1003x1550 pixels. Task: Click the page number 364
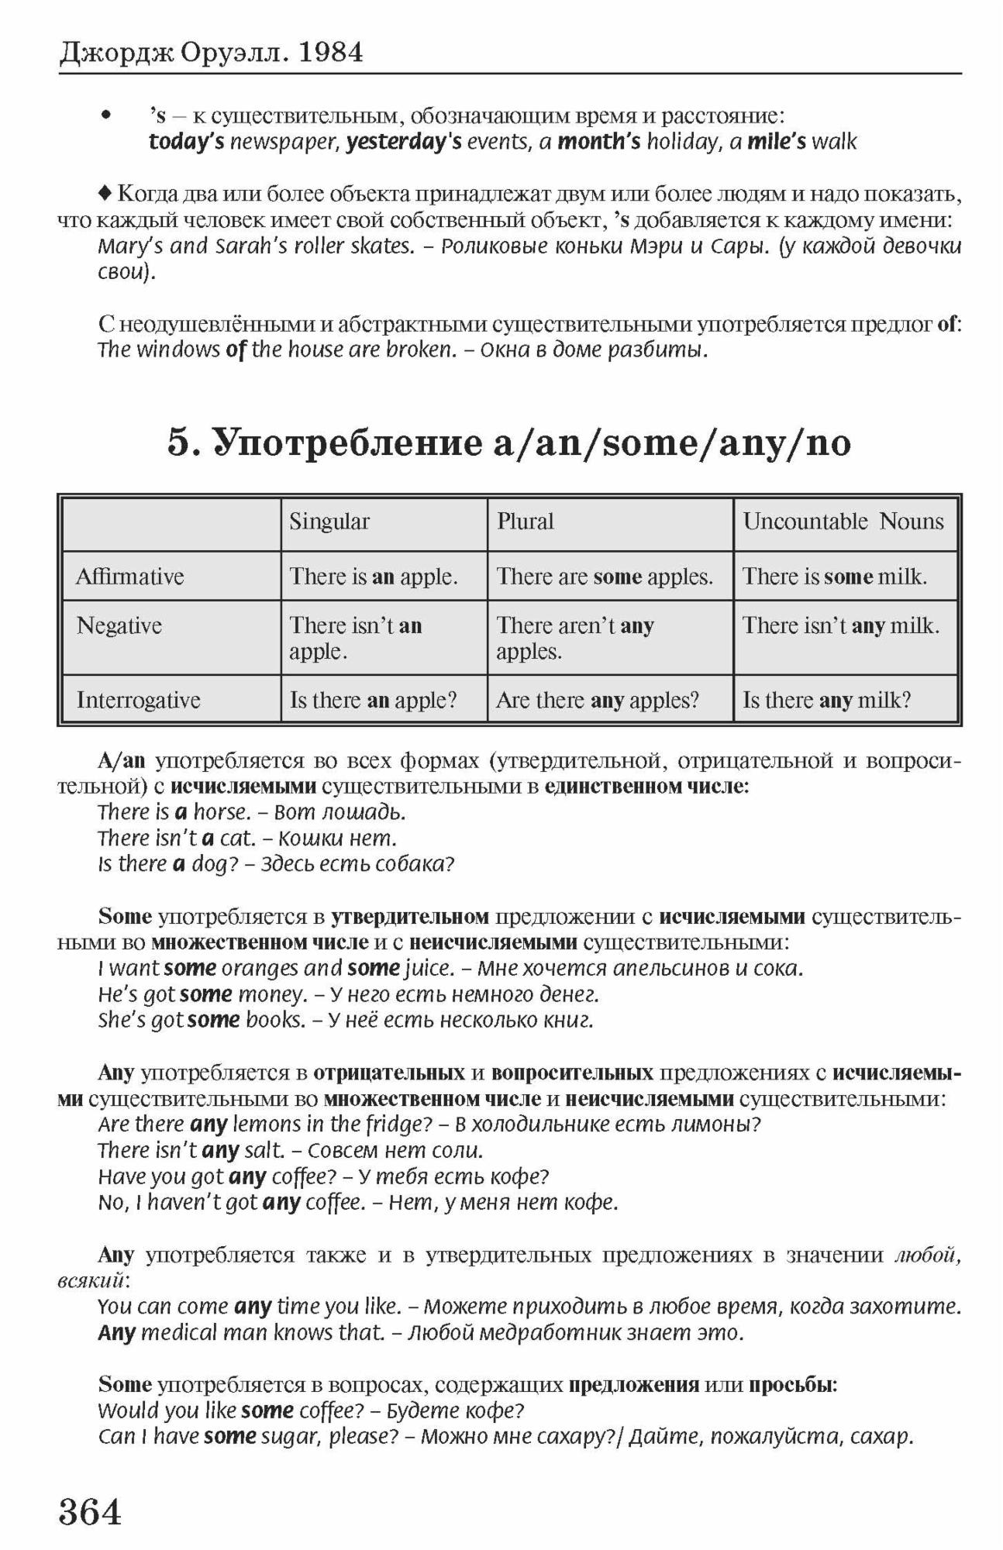tap(90, 1511)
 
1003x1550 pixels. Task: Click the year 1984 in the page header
tap(330, 52)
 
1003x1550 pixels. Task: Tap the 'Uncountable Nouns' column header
tap(843, 522)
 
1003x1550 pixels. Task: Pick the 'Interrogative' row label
tap(138, 701)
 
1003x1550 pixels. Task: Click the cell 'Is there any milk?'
tap(826, 701)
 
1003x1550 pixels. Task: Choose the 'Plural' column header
tap(526, 522)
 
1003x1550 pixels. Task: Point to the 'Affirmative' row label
tap(129, 577)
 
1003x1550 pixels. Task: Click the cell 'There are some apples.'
tap(605, 577)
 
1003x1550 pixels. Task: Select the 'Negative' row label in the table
tap(119, 625)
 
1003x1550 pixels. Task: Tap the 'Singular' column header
tap(329, 522)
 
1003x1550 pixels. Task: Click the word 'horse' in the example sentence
tap(221, 812)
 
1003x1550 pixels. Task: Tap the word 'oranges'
tap(253, 969)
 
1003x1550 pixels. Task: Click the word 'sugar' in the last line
tap(291, 1437)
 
